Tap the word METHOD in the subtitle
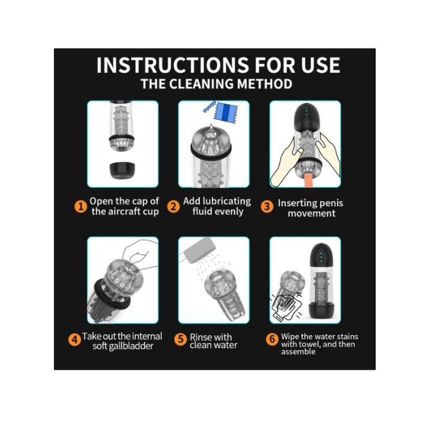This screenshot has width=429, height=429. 265,84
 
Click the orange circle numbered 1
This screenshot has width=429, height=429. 81,207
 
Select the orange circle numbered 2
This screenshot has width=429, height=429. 173,207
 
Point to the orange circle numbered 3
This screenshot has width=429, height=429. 267,207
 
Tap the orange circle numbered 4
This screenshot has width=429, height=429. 74,340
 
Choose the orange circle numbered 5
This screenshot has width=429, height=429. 181,340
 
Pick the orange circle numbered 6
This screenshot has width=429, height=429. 272,340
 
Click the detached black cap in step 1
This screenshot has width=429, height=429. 123,170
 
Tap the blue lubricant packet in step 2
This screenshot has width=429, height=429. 226,112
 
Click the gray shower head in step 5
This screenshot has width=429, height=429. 200,250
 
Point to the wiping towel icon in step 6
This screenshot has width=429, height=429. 286,306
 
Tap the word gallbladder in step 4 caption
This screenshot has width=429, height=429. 131,346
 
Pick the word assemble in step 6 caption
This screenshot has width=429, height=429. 298,352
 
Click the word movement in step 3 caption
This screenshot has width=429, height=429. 311,213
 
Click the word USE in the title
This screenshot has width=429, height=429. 321,65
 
